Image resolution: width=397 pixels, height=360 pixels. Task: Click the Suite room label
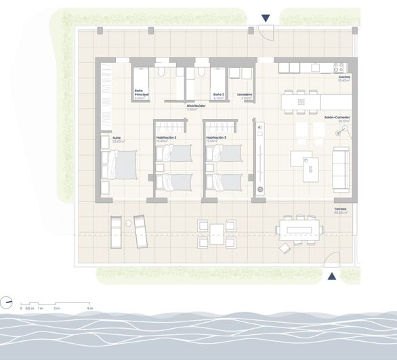[117, 139]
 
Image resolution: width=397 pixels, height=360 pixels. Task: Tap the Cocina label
[344, 78]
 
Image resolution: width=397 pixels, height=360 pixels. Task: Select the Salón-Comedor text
[336, 118]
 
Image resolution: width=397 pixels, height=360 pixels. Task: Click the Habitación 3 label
[216, 139]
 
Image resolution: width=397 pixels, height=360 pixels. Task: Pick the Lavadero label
[245, 95]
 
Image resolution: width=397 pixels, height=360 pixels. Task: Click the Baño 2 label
[218, 95]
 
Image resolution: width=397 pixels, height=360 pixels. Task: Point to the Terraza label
[340, 209]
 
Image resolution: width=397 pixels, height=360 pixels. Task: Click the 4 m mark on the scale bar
[90, 308]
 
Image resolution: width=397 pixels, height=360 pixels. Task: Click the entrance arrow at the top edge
[266, 18]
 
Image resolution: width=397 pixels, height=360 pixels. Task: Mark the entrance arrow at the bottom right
[332, 276]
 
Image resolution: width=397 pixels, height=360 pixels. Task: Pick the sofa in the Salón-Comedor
[339, 163]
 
